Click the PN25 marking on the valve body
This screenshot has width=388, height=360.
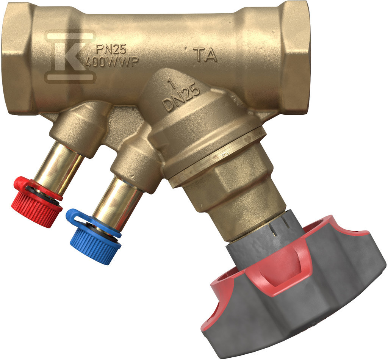point(111,50)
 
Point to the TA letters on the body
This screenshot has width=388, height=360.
point(207,55)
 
